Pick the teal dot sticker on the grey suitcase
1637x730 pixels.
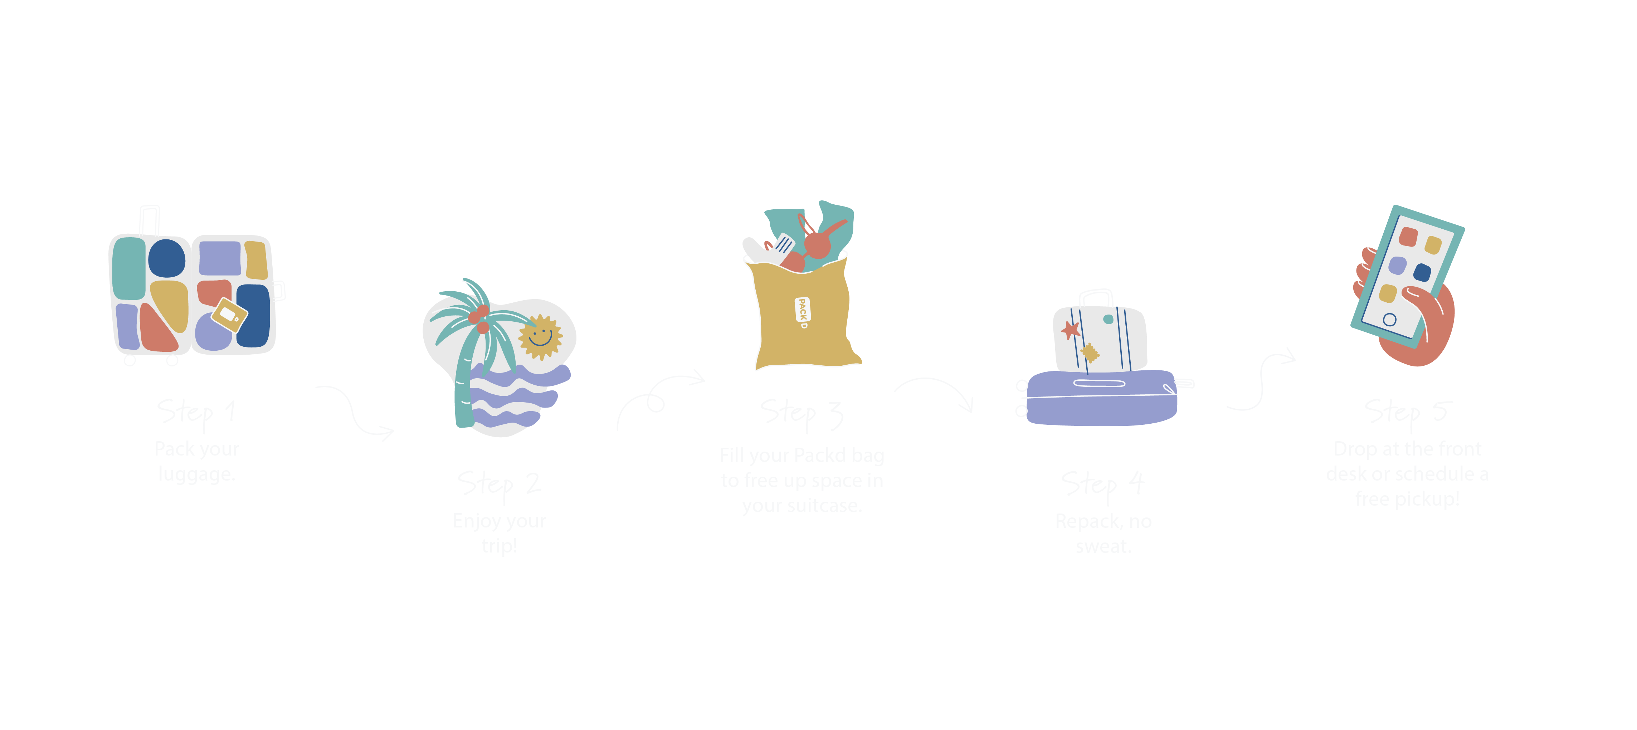[1108, 319]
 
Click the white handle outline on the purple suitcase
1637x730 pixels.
[1099, 383]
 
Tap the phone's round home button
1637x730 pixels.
[1390, 320]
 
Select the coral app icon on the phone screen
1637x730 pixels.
[1408, 236]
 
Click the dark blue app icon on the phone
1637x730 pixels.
[1422, 273]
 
